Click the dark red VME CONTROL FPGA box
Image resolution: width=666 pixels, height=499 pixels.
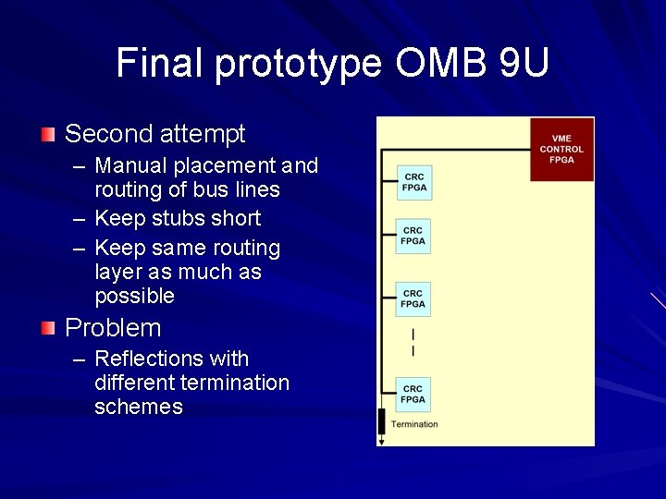561,149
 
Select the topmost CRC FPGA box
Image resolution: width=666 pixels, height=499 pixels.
413,182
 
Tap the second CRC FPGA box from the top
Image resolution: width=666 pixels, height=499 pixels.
413,236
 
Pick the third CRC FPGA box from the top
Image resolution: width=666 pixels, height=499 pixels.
413,298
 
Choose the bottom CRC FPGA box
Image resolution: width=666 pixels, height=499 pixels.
413,395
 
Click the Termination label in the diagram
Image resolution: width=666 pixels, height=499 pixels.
413,425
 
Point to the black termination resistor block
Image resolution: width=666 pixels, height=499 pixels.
381,422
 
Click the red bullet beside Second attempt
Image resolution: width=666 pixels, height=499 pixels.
48,135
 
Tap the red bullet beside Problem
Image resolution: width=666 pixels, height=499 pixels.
48,328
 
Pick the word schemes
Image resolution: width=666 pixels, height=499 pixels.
139,407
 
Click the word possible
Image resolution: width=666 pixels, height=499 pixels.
134,296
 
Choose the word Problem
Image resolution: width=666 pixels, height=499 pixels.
113,328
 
